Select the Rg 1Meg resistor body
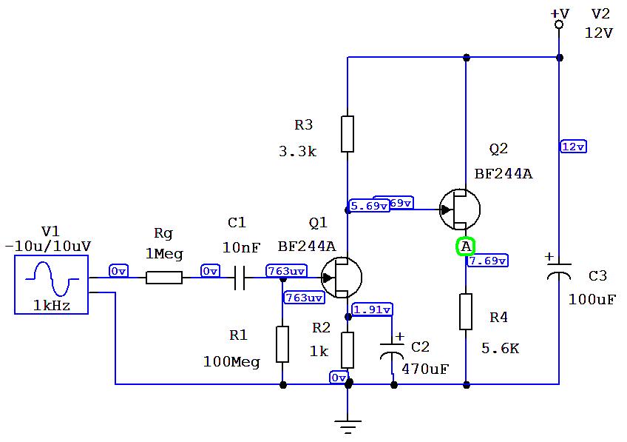point(164,278)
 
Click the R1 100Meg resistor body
point(282,344)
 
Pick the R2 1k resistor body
point(348,349)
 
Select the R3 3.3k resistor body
point(348,134)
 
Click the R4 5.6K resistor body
point(466,312)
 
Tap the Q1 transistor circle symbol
point(342,278)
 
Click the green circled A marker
point(465,247)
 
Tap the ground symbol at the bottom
point(348,424)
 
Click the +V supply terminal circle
point(559,25)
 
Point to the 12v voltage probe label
point(573,147)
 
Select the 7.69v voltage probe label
point(487,261)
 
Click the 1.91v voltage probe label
point(372,309)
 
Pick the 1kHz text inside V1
point(51,304)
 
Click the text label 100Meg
point(231,362)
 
